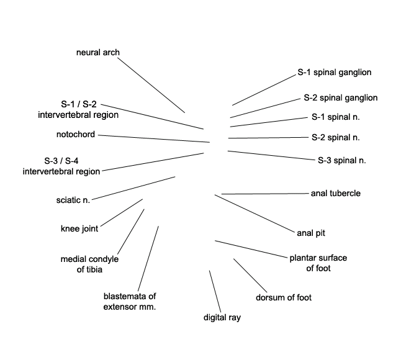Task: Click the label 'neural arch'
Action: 98,52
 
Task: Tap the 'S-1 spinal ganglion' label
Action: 335,72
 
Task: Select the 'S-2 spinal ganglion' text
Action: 340,97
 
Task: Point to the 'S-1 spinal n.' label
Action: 336,117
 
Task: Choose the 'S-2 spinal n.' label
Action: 336,137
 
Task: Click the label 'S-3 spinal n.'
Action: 342,160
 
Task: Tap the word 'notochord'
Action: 76,134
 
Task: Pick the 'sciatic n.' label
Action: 73,200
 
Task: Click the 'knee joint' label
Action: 79,228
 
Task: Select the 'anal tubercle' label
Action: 336,193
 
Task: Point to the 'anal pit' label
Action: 311,233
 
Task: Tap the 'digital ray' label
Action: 222,317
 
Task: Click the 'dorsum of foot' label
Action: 284,297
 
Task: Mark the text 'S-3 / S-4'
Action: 61,161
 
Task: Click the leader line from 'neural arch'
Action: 151,85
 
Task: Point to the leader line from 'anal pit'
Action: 255,214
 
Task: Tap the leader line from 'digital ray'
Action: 215,291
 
